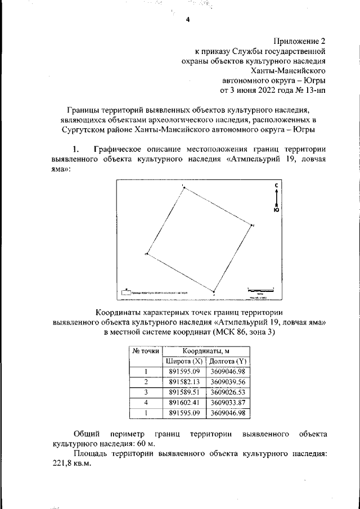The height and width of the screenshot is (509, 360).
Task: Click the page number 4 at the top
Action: tap(187, 20)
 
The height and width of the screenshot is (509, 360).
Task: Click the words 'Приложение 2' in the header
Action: tap(299, 40)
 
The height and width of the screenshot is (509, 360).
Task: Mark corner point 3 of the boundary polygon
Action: tap(214, 292)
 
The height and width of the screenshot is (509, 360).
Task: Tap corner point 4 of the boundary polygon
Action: tap(147, 254)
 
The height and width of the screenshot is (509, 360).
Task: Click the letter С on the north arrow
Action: tap(276, 185)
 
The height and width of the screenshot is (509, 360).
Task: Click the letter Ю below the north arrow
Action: tap(276, 210)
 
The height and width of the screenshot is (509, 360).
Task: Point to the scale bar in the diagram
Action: tap(260, 290)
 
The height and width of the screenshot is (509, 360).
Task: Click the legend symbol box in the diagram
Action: tap(126, 292)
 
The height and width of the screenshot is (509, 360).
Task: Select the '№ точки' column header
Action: tap(146, 350)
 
